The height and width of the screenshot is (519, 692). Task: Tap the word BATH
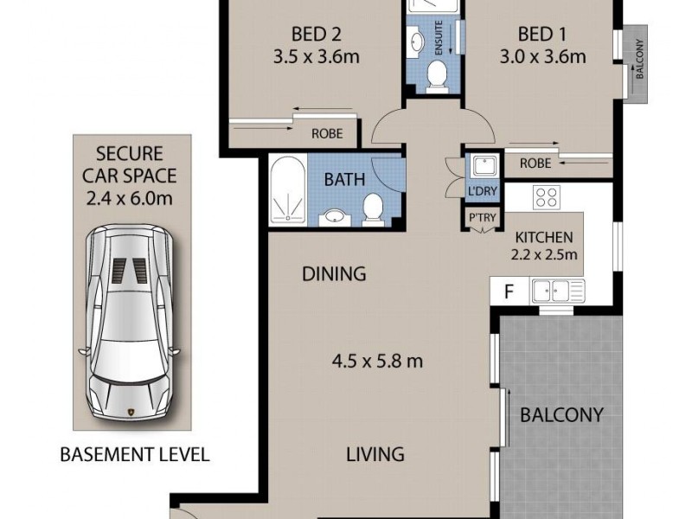pyautogui.click(x=343, y=180)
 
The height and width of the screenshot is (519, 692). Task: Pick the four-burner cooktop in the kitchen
pyautogui.click(x=546, y=196)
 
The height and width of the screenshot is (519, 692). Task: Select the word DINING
pyautogui.click(x=334, y=274)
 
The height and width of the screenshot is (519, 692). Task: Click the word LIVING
pyautogui.click(x=376, y=453)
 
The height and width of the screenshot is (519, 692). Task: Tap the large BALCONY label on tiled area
pyautogui.click(x=561, y=414)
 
